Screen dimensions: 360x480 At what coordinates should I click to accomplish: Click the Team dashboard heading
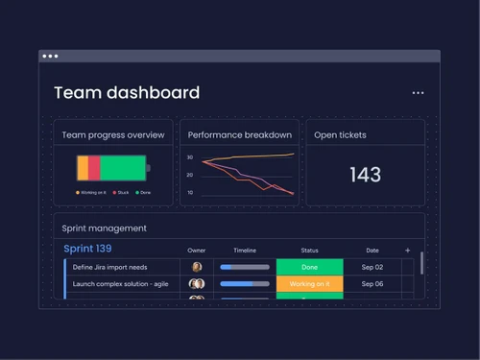[x=127, y=93]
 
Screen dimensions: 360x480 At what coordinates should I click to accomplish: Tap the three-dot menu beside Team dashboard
[x=418, y=93]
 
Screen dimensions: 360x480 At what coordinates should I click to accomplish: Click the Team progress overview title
[x=113, y=135]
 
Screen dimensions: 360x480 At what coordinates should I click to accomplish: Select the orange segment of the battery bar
[x=83, y=168]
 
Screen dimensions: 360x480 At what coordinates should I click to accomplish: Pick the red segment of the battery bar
[x=94, y=168]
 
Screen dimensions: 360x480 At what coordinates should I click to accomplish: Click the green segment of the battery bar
[x=122, y=168]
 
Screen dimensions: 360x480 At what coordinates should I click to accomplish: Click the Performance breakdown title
[x=240, y=135]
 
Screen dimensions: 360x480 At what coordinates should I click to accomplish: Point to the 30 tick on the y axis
[x=190, y=157]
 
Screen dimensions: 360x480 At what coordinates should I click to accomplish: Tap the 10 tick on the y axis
[x=190, y=193]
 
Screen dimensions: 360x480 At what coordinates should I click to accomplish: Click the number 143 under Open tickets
[x=365, y=175]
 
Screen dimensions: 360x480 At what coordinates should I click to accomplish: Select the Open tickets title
[x=340, y=135]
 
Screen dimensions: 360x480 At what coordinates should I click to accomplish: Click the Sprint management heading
[x=104, y=228]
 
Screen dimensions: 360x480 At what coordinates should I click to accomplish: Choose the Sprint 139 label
[x=86, y=249]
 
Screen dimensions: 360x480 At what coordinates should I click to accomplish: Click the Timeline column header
[x=245, y=251]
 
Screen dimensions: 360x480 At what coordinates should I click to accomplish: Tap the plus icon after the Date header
[x=407, y=250]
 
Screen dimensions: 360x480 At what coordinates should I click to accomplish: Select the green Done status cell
[x=309, y=267]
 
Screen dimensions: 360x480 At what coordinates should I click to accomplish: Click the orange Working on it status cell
[x=309, y=284]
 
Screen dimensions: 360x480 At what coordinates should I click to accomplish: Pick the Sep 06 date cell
[x=372, y=284]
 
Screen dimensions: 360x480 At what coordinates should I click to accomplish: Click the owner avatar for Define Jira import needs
[x=197, y=267]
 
